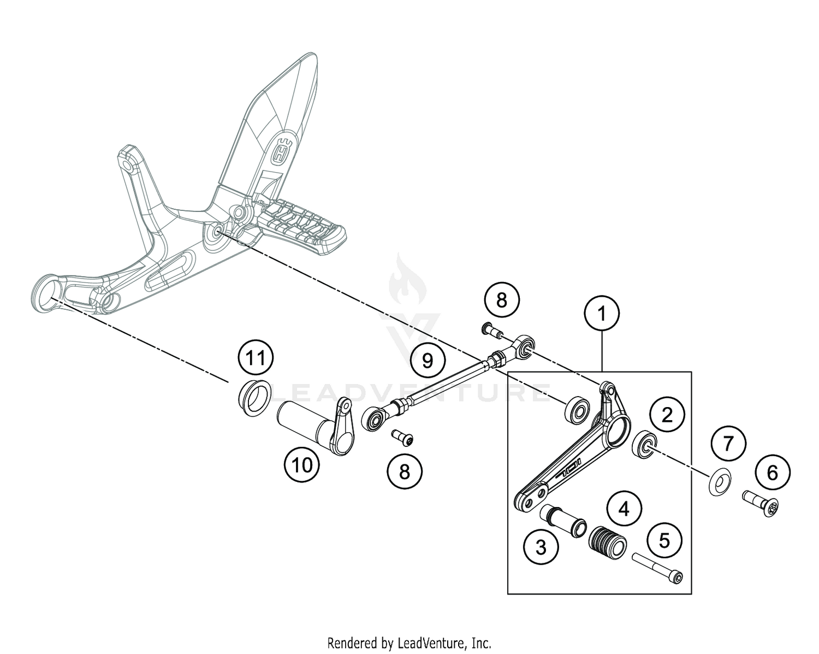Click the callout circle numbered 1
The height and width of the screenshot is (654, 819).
[x=602, y=314]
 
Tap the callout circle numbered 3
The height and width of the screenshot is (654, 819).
[x=541, y=547]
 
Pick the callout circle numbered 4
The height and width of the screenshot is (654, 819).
[x=624, y=509]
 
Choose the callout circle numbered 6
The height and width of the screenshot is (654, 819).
[x=772, y=472]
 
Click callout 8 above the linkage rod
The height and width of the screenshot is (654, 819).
[x=502, y=300]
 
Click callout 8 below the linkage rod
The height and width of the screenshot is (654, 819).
[x=405, y=472]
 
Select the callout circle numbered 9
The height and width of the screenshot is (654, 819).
[x=428, y=360]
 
